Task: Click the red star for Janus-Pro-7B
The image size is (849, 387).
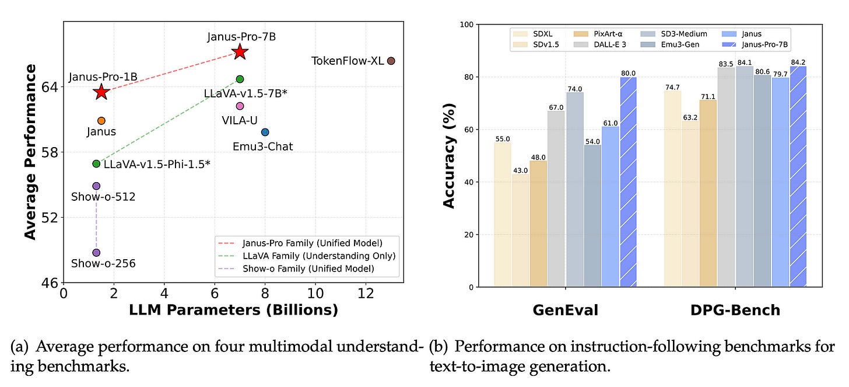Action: coord(240,52)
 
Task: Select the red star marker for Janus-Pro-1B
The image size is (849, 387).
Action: coord(101,92)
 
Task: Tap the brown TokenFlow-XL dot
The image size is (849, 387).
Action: coord(391,61)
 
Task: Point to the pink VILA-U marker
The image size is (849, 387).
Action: coord(240,106)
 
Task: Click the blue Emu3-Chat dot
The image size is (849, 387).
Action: coord(265,132)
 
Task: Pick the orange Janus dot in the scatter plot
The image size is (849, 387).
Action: coord(101,121)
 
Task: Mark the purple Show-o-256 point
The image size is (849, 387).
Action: coord(96,253)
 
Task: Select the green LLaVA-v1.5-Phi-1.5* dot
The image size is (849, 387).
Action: coord(96,163)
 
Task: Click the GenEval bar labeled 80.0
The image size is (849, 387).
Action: coord(629,182)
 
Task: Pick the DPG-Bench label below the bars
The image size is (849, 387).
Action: coord(736,311)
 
